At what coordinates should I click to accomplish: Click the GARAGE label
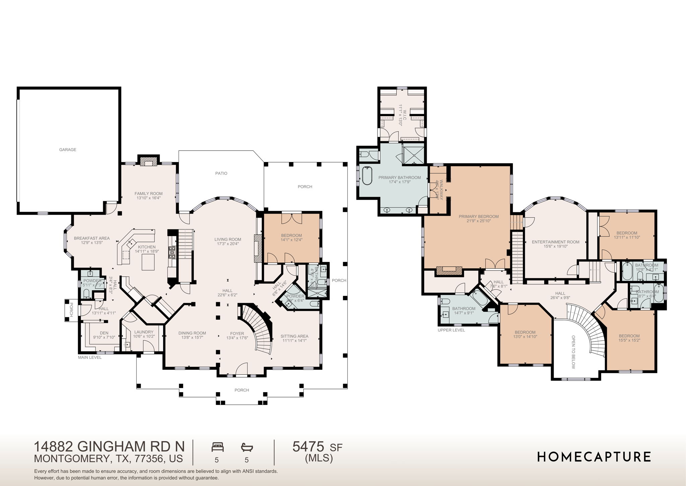point(68,150)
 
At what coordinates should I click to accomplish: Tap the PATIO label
point(221,173)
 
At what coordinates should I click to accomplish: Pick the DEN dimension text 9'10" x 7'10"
point(104,337)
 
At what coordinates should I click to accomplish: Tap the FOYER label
point(237,333)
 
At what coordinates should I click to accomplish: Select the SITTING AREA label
point(294,336)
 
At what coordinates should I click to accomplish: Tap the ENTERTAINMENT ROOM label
point(555,242)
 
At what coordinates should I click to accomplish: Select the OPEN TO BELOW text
point(573,352)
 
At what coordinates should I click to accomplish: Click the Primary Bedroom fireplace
point(449,271)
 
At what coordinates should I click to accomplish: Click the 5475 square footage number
point(308,447)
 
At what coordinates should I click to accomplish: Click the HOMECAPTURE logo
point(594,457)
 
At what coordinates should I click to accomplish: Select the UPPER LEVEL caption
point(451,330)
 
